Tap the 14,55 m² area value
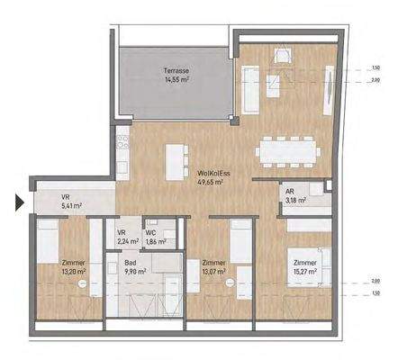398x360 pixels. (x=177, y=79)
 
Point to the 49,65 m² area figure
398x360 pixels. (x=210, y=181)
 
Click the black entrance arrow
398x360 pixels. (x=18, y=202)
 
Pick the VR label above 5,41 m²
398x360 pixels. (x=65, y=198)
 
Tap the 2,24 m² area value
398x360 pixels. (x=128, y=242)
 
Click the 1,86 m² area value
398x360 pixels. (x=155, y=242)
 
